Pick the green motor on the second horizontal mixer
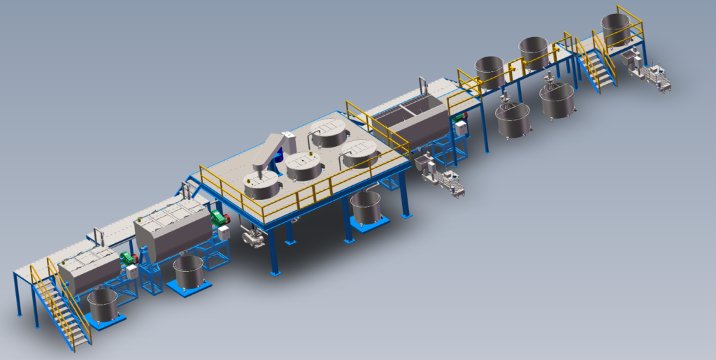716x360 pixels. [x=221, y=218]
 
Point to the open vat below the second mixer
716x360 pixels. [x=189, y=271]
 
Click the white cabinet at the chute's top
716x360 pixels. [x=287, y=137]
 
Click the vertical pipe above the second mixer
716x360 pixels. [x=186, y=191]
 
